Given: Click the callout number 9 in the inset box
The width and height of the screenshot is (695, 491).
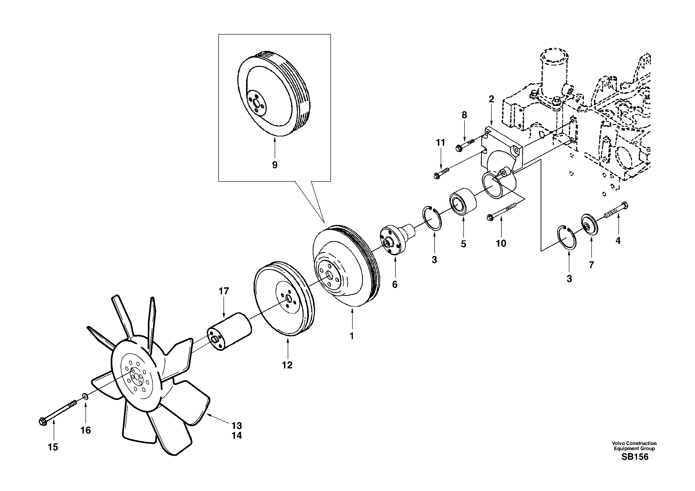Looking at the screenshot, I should tap(275, 165).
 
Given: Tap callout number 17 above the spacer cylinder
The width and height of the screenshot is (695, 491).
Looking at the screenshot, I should tap(224, 291).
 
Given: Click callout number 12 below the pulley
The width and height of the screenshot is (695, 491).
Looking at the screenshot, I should tap(287, 365).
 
